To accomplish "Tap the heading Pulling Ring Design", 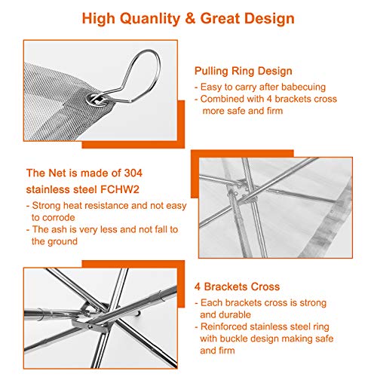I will pos(243,71).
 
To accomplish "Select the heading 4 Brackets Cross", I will pos(238,287).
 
